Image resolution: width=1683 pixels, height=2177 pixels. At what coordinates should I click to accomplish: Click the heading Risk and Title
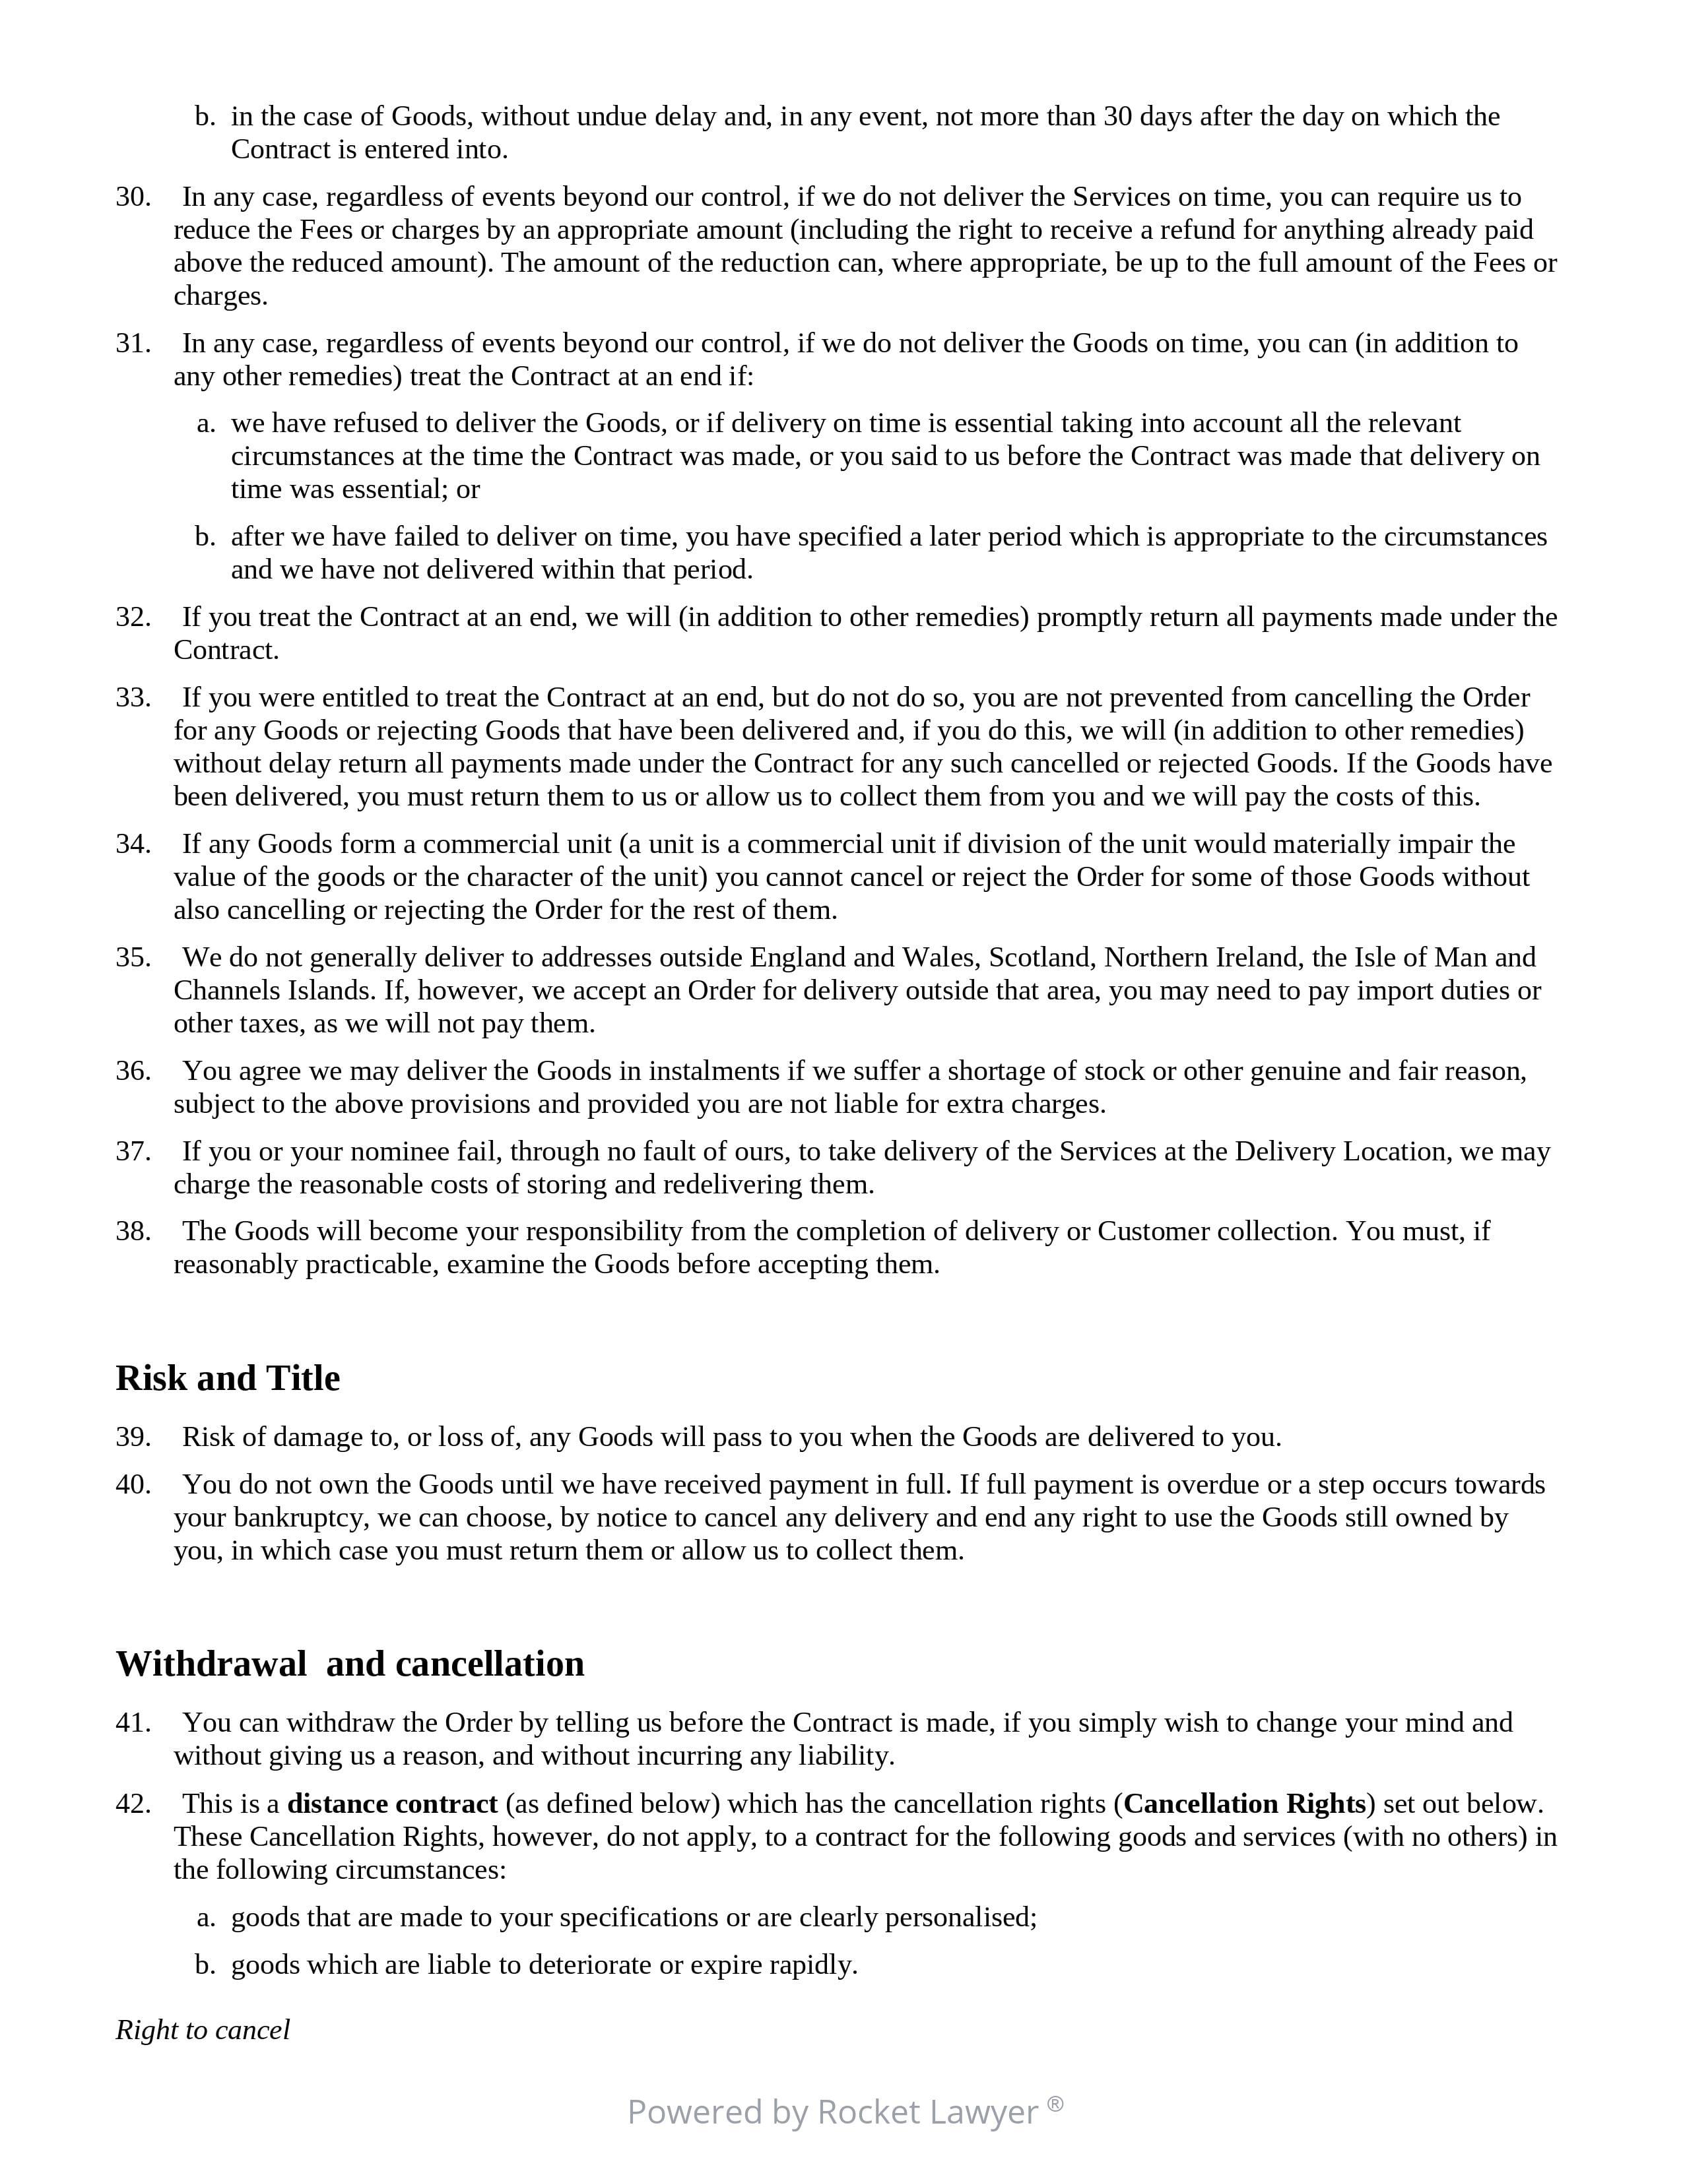[x=227, y=1377]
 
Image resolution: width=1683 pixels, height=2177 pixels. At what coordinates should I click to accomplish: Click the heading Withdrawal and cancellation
[x=350, y=1664]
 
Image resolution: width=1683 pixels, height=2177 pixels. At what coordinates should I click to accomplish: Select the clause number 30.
[x=133, y=197]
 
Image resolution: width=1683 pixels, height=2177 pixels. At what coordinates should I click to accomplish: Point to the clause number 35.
[x=133, y=958]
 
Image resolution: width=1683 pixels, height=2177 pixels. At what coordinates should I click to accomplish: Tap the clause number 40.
[x=133, y=1484]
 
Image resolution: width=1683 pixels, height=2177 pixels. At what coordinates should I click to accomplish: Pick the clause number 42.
[x=133, y=1804]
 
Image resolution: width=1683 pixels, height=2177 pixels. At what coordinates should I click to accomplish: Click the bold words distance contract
[x=392, y=1804]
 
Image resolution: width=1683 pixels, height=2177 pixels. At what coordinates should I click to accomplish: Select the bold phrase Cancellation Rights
[x=1244, y=1804]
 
